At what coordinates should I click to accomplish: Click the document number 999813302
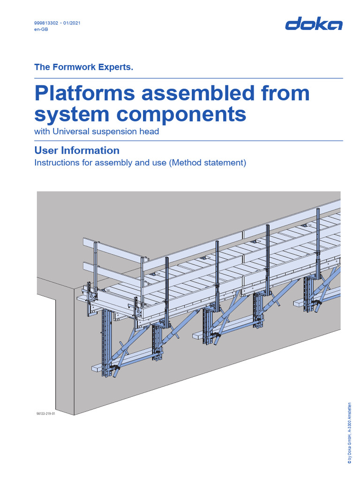(46, 23)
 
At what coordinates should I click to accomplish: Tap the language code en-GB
(41, 29)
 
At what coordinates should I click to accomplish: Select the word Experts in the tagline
(116, 67)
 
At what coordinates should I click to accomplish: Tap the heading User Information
(77, 150)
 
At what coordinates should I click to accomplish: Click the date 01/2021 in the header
(72, 23)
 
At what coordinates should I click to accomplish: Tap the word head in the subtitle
(150, 131)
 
